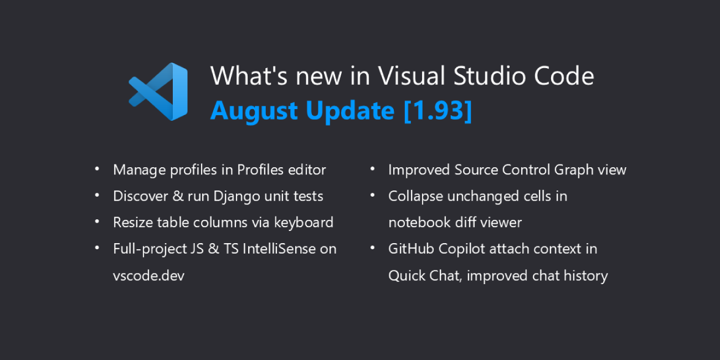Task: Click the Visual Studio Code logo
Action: pyautogui.click(x=159, y=91)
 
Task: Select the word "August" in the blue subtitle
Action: pyautogui.click(x=254, y=111)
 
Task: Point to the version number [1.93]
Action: pyautogui.click(x=438, y=111)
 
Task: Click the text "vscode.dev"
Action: pyautogui.click(x=148, y=276)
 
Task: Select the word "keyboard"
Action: pyautogui.click(x=304, y=223)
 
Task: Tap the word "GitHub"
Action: pyautogui.click(x=411, y=249)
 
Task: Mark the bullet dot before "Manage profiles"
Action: pyautogui.click(x=97, y=168)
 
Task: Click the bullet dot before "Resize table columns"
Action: pyautogui.click(x=97, y=221)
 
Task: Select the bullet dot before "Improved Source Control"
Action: pyautogui.click(x=373, y=168)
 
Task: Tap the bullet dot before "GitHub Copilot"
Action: pyautogui.click(x=373, y=247)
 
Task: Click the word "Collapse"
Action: pyautogui.click(x=414, y=197)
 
